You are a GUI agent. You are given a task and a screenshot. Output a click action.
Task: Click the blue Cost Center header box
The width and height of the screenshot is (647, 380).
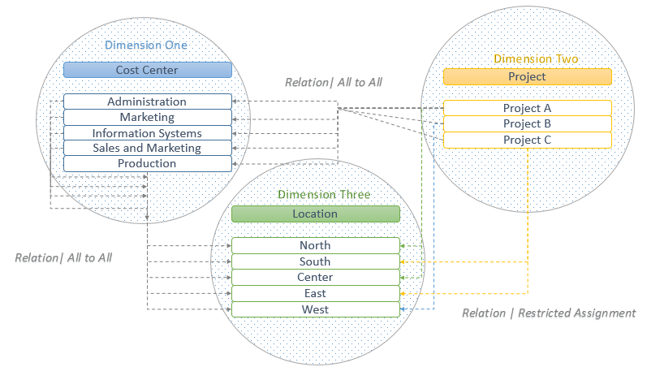tap(147, 71)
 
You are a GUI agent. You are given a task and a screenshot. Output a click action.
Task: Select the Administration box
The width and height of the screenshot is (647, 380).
tap(147, 101)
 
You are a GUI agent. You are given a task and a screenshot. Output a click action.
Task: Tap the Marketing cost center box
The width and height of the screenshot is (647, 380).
tap(147, 117)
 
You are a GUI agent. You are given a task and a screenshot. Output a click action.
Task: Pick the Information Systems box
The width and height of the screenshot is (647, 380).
tap(147, 132)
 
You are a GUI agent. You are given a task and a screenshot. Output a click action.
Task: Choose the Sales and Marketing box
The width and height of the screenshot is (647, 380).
tap(147, 148)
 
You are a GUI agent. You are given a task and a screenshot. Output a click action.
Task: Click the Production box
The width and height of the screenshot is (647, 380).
tap(147, 163)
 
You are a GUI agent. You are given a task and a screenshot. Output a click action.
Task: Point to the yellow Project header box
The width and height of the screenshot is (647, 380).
tap(527, 77)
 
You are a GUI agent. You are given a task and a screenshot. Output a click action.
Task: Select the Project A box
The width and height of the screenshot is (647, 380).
tap(527, 108)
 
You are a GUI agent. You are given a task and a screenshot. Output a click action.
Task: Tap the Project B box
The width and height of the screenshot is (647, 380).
tap(527, 123)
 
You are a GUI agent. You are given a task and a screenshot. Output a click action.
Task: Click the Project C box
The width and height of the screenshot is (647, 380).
tap(527, 140)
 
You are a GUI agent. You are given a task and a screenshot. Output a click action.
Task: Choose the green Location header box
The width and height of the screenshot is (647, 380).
tap(315, 214)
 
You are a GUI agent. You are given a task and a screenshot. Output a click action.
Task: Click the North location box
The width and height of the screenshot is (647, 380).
tap(315, 245)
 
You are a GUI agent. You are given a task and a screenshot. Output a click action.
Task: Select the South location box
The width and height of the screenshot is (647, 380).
tap(315, 261)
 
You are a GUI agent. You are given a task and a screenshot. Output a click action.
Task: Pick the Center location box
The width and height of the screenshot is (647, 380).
tap(315, 277)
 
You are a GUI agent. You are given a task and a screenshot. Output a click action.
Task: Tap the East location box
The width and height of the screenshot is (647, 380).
tap(315, 293)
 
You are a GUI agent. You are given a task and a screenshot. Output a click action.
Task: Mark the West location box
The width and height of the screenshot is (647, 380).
tap(315, 309)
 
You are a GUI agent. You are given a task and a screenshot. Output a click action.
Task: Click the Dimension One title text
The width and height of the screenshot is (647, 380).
tap(146, 45)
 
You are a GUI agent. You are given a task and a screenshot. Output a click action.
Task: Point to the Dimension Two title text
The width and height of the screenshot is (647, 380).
tap(536, 58)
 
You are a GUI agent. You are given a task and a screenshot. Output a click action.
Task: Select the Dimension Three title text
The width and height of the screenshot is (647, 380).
tap(324, 195)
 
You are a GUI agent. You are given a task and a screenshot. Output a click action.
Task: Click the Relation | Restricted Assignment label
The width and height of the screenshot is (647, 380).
tap(549, 313)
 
